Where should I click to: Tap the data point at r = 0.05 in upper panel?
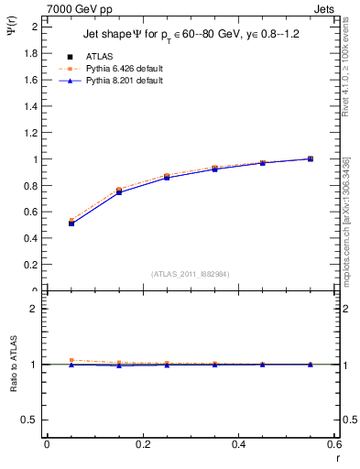[x=71, y=223]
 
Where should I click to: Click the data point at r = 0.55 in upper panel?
[x=311, y=158]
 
